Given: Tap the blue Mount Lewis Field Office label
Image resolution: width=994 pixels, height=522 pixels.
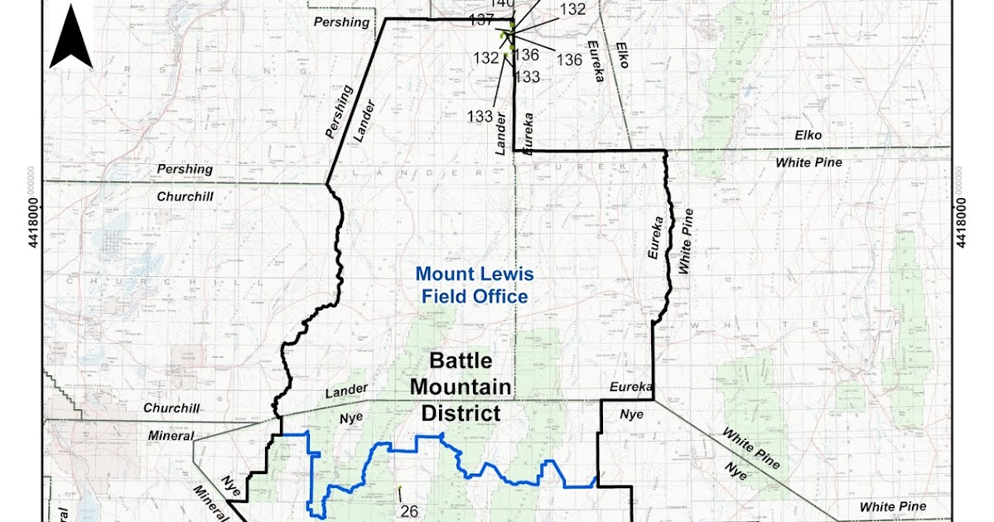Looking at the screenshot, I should (475, 285).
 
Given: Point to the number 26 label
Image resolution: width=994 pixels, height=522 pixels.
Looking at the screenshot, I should (410, 509).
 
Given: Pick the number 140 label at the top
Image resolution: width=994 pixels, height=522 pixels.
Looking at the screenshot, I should (501, 3).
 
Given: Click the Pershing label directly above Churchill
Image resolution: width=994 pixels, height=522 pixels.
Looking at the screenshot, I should (186, 169).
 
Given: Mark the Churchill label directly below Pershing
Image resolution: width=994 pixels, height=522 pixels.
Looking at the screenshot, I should (184, 197).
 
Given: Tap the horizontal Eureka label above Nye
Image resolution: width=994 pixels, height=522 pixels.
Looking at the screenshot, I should (631, 387).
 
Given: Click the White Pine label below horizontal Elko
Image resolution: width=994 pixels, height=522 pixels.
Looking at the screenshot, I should (808, 162).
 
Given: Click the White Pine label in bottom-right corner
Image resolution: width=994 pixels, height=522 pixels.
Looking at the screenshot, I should (892, 506).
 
